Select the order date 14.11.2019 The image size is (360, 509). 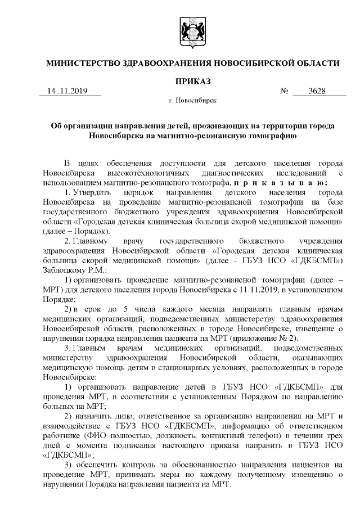[x=65, y=92]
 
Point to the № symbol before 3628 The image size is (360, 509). [x=284, y=92]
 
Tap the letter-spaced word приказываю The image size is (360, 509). [x=281, y=183]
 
